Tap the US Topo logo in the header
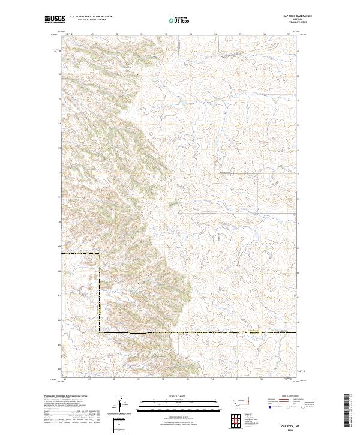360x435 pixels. (179, 20)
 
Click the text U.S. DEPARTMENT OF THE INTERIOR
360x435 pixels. (91, 16)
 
